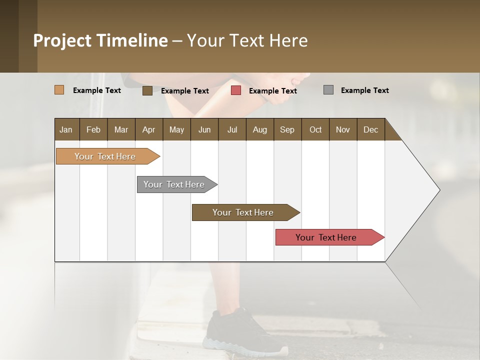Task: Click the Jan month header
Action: click(66, 129)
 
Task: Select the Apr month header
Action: click(148, 129)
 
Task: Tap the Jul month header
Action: click(232, 129)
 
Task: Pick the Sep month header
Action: click(287, 129)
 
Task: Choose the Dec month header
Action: click(370, 129)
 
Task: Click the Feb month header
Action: click(93, 129)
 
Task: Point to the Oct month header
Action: click(315, 129)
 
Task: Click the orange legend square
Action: click(59, 90)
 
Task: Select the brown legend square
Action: click(147, 90)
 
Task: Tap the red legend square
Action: click(236, 90)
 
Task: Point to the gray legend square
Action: click(328, 90)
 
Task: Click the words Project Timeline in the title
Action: click(100, 40)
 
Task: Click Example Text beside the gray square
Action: click(364, 90)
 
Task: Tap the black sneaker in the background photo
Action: click(240, 332)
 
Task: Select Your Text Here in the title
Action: click(247, 40)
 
